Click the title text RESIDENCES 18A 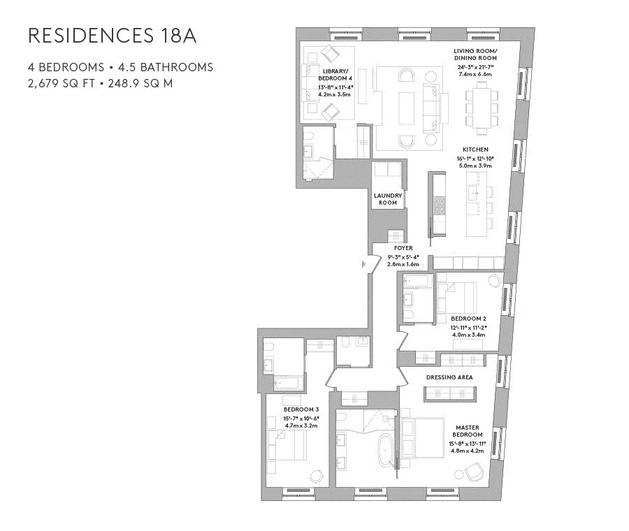[x=111, y=36]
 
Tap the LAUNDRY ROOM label [x=386, y=199]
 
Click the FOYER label [x=403, y=248]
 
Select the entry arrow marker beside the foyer [x=363, y=264]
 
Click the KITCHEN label [x=475, y=150]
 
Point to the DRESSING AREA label [x=449, y=377]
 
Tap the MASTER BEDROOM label [x=466, y=430]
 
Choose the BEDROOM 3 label [x=301, y=409]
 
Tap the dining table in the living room [x=482, y=106]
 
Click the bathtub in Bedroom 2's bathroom [x=418, y=282]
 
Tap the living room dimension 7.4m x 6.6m [x=475, y=73]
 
